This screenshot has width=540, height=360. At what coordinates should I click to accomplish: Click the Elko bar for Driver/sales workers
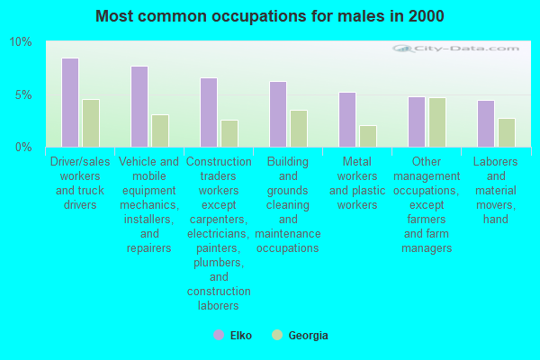70,103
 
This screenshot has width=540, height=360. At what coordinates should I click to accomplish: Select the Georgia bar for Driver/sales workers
91,123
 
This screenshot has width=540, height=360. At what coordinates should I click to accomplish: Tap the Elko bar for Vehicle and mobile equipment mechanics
139,107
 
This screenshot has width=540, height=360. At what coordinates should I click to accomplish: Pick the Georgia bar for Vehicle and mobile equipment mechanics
160,130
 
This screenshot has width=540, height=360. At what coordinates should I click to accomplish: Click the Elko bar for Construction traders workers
209,112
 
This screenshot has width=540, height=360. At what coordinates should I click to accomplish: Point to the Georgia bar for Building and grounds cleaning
299,129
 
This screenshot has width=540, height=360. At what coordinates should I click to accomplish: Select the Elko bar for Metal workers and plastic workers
347,120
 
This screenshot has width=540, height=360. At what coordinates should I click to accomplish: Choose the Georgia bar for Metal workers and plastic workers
368,137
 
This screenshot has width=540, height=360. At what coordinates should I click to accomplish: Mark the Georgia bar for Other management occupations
437,122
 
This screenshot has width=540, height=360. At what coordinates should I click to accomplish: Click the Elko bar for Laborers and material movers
486,124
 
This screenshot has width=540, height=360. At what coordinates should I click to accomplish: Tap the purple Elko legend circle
219,335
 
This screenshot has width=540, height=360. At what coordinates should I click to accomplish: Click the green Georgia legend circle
277,335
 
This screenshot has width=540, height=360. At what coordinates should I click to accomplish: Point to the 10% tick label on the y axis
21,42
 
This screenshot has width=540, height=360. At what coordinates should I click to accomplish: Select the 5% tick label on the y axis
23,95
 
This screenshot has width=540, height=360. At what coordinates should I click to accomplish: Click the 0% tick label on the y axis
23,148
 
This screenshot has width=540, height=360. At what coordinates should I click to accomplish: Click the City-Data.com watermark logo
456,49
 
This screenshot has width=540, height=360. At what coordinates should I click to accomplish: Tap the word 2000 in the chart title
427,16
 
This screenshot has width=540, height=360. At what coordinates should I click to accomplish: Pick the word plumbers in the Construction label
219,263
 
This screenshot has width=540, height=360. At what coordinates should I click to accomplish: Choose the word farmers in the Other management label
427,220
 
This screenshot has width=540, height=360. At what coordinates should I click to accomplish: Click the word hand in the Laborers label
496,220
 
